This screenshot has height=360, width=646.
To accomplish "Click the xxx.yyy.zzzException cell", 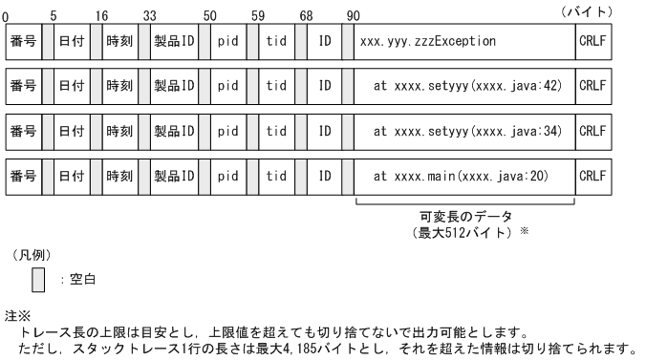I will tap(464, 42).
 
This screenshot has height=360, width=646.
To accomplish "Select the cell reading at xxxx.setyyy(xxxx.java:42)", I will tap(464, 86).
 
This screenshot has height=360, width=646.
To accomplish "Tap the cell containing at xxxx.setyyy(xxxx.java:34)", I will tap(464, 131).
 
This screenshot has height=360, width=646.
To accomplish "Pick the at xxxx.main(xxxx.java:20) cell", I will tap(464, 176).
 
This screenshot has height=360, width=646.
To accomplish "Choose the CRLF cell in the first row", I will tap(592, 42).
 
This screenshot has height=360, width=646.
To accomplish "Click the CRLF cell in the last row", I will tap(592, 176).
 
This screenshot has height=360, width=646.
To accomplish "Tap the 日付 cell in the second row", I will tap(71, 86).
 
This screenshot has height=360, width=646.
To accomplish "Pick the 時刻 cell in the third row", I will tap(119, 131).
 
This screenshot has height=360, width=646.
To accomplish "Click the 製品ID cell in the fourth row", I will tap(174, 176).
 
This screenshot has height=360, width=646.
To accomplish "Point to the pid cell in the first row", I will tap(228, 42).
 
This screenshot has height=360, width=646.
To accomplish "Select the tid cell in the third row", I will tap(276, 131).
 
